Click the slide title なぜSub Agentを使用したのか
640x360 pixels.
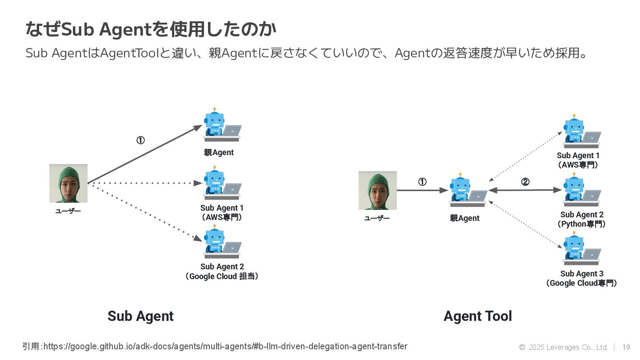[x=151, y=30]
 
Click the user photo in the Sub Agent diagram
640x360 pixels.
[x=68, y=183]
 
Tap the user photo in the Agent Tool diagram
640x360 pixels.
[x=378, y=190]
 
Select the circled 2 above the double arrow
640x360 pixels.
[x=525, y=182]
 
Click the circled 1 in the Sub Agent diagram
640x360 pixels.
[x=140, y=140]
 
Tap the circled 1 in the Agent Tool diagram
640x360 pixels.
[x=422, y=182]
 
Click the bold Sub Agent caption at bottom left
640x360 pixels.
[x=140, y=316]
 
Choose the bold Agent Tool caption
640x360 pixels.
[x=478, y=316]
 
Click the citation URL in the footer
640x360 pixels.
[x=225, y=346]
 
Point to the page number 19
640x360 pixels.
[x=626, y=347]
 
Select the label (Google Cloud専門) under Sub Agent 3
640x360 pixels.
[x=582, y=283]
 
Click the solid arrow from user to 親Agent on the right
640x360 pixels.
[x=422, y=190]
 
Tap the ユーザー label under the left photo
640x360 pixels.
[x=68, y=211]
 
